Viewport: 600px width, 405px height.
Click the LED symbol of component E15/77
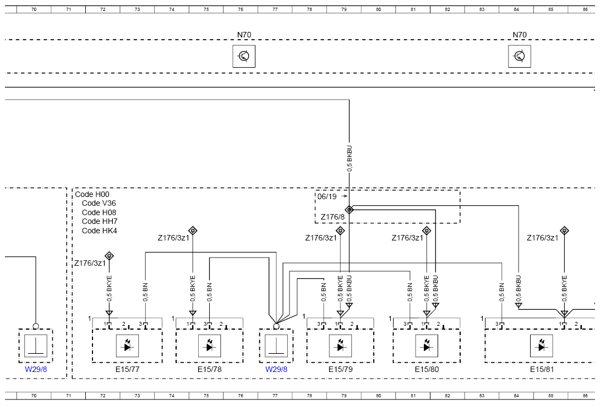(x=127, y=346)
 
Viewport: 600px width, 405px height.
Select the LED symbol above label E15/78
(x=209, y=346)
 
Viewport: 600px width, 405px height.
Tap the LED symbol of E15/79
(x=341, y=346)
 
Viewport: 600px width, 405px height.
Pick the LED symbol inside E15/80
(x=427, y=346)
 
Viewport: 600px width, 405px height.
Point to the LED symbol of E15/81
(x=542, y=346)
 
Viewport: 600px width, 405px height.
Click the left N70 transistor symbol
(x=244, y=56)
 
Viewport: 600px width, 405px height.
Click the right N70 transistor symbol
(x=519, y=56)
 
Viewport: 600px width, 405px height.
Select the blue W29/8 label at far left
(x=36, y=369)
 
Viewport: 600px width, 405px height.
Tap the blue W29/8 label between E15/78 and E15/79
(x=276, y=369)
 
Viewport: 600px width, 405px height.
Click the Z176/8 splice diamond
(x=349, y=210)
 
